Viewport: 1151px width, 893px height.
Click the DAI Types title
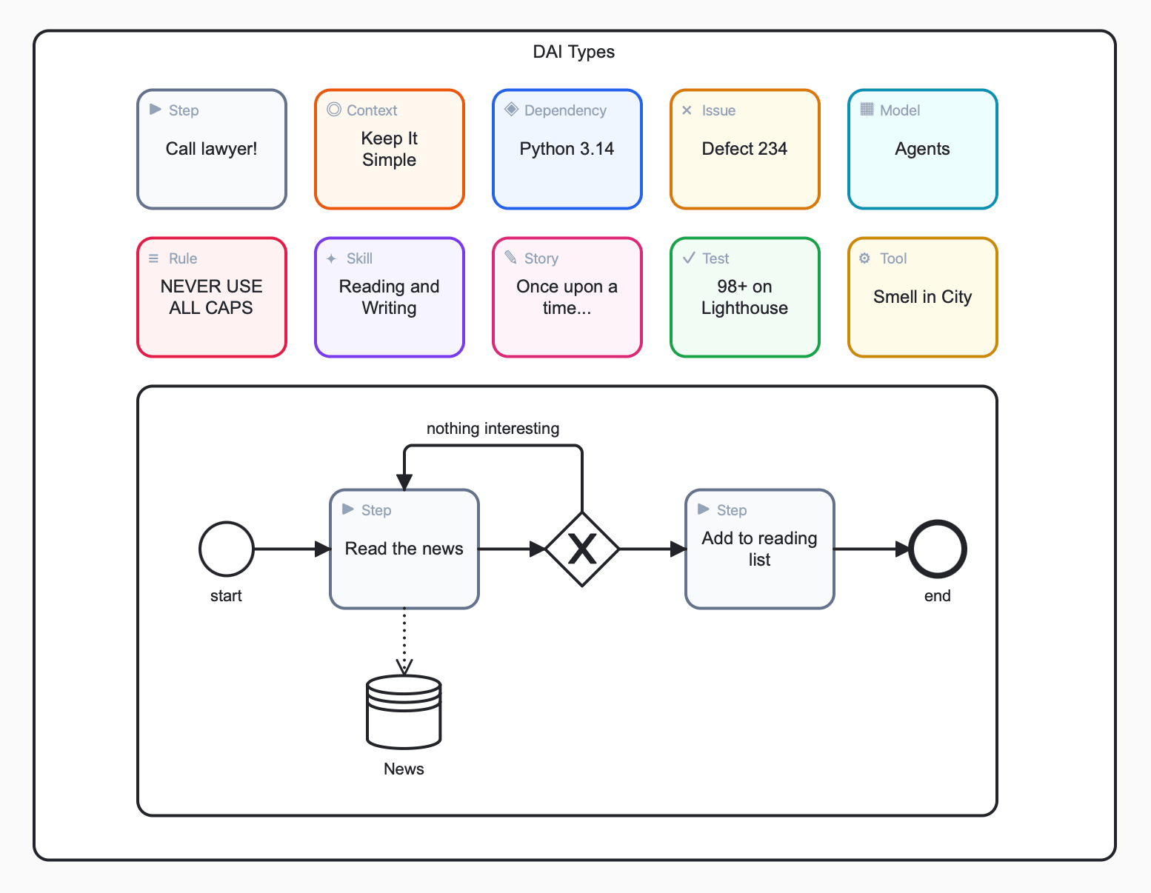[573, 52]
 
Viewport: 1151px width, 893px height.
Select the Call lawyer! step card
[212, 150]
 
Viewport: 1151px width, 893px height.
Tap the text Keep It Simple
[389, 150]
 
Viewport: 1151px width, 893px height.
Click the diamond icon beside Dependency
[511, 110]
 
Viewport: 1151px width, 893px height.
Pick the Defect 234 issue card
[744, 150]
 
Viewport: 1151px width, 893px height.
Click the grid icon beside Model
[867, 110]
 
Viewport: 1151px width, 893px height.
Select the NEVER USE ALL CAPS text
[211, 297]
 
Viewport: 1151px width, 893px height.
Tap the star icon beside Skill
[331, 258]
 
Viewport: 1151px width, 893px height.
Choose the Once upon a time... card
[567, 298]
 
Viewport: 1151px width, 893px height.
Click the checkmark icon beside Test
[689, 258]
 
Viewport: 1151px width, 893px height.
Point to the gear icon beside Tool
[864, 258]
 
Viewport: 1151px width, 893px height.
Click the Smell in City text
[922, 297]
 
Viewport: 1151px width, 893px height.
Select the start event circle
[227, 549]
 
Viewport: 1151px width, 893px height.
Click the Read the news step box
[404, 549]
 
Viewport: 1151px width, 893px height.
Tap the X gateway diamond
[582, 549]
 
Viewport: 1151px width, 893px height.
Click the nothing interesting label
[493, 429]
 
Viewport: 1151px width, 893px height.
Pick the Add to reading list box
[759, 549]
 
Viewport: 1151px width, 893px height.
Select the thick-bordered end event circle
[937, 549]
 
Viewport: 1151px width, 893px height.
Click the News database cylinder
[404, 712]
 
